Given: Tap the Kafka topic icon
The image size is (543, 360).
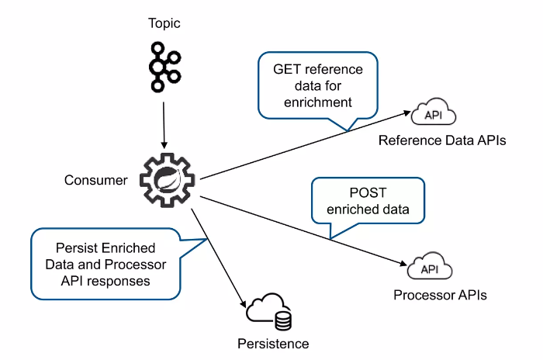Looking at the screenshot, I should (164, 67).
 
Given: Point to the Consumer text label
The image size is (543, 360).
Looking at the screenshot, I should (95, 181).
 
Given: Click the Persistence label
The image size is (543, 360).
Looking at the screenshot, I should (274, 344).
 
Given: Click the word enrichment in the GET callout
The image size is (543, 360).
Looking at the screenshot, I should (318, 102).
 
